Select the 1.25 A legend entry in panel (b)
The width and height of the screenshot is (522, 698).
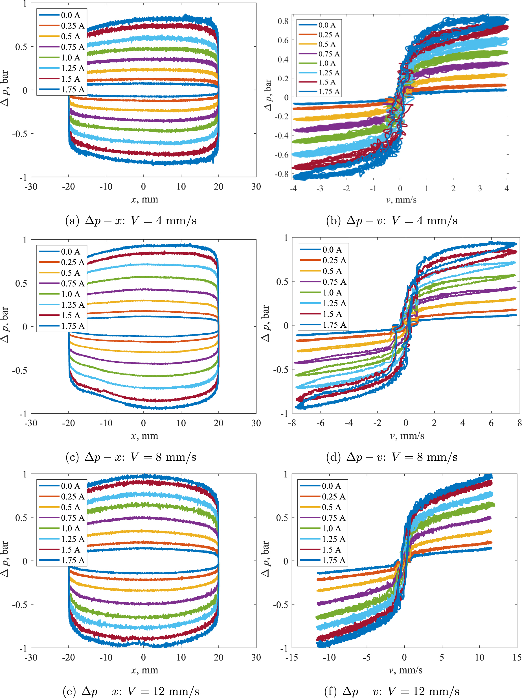pos(329,73)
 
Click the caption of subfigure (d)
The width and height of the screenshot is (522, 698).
pos(392,457)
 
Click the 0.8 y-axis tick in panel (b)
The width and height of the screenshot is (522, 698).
pos(283,21)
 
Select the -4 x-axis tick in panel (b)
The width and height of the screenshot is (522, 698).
pos(293,189)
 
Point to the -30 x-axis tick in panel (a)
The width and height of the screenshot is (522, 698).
pos(31,187)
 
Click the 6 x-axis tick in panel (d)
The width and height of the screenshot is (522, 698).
pos(491,423)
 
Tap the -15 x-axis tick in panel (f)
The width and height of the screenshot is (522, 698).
pos(291,658)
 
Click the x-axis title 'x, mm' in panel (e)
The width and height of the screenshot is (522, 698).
pos(144,670)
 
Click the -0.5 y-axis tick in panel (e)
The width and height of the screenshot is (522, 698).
pos(20,605)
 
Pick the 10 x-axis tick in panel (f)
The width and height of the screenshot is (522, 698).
pos(479,658)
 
